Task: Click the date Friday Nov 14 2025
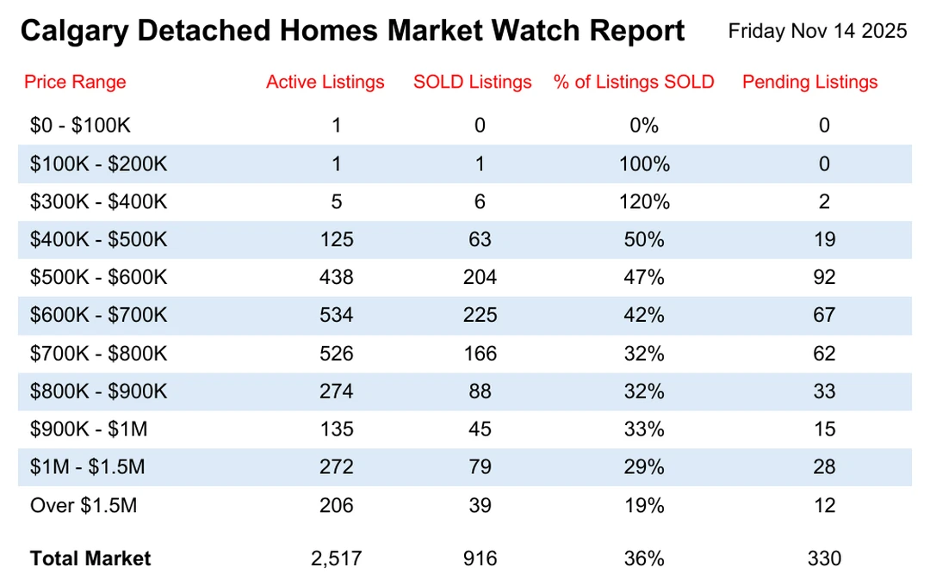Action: (x=817, y=31)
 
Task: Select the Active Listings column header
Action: (x=325, y=82)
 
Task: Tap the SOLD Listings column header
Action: (x=472, y=82)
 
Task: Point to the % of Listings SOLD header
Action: (x=634, y=82)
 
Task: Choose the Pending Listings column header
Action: (x=809, y=82)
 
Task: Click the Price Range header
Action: (x=75, y=82)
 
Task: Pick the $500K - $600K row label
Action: (x=99, y=277)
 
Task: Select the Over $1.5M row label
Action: (x=84, y=505)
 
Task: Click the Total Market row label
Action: (x=90, y=558)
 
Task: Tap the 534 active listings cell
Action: (x=336, y=315)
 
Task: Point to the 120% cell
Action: (x=644, y=201)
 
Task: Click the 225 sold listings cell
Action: (x=480, y=315)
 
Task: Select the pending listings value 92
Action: (x=824, y=277)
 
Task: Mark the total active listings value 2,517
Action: (x=336, y=558)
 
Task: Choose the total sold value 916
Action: (x=480, y=558)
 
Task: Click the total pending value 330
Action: (x=824, y=558)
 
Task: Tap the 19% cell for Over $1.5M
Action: (x=644, y=505)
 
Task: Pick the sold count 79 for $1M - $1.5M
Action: (x=480, y=467)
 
